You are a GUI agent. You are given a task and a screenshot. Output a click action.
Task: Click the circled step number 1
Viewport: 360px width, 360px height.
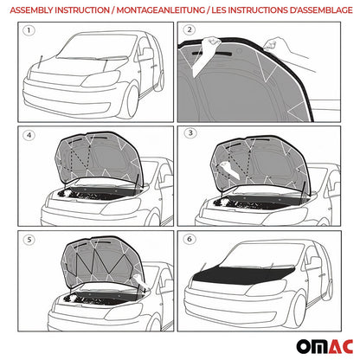29,32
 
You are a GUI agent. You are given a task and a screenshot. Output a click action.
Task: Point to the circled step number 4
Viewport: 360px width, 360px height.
29,134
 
